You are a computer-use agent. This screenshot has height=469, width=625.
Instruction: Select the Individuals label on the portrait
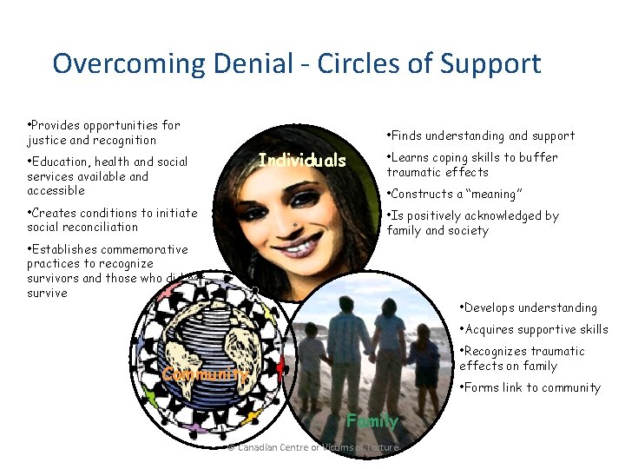point(302,161)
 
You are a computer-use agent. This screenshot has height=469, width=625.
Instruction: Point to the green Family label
point(372,421)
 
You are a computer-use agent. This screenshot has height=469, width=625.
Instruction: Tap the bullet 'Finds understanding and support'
point(481,135)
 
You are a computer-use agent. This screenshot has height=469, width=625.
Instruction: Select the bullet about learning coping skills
point(473,164)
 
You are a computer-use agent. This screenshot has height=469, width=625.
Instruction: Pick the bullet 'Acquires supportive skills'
point(533,329)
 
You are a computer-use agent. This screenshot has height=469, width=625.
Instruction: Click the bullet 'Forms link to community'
point(530,387)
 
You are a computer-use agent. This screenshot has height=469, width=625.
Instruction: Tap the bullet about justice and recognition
point(103,132)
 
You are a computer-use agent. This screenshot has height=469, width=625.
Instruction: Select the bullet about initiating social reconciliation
point(112,220)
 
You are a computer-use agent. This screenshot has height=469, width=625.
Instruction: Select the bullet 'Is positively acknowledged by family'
point(473,223)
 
